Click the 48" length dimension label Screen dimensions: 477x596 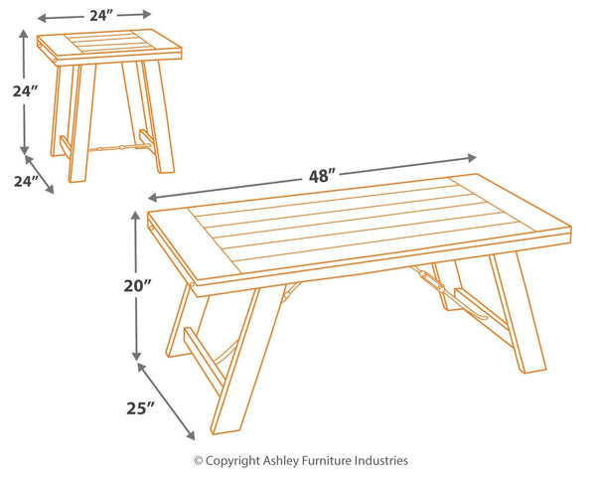tap(319, 176)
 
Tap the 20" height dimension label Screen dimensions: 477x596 tap(138, 286)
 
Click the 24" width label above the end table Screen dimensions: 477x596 tap(98, 15)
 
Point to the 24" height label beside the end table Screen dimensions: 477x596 tap(27, 91)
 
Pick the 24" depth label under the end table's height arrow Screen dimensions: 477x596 tap(27, 181)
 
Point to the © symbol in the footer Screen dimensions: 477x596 tap(198, 460)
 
